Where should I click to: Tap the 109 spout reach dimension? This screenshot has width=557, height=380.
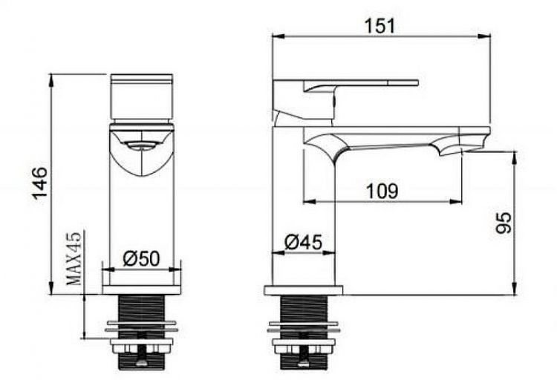(382, 191)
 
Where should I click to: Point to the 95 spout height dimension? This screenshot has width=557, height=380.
(504, 223)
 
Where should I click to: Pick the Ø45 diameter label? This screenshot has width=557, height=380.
(303, 242)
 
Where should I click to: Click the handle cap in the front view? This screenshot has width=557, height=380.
(141, 96)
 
